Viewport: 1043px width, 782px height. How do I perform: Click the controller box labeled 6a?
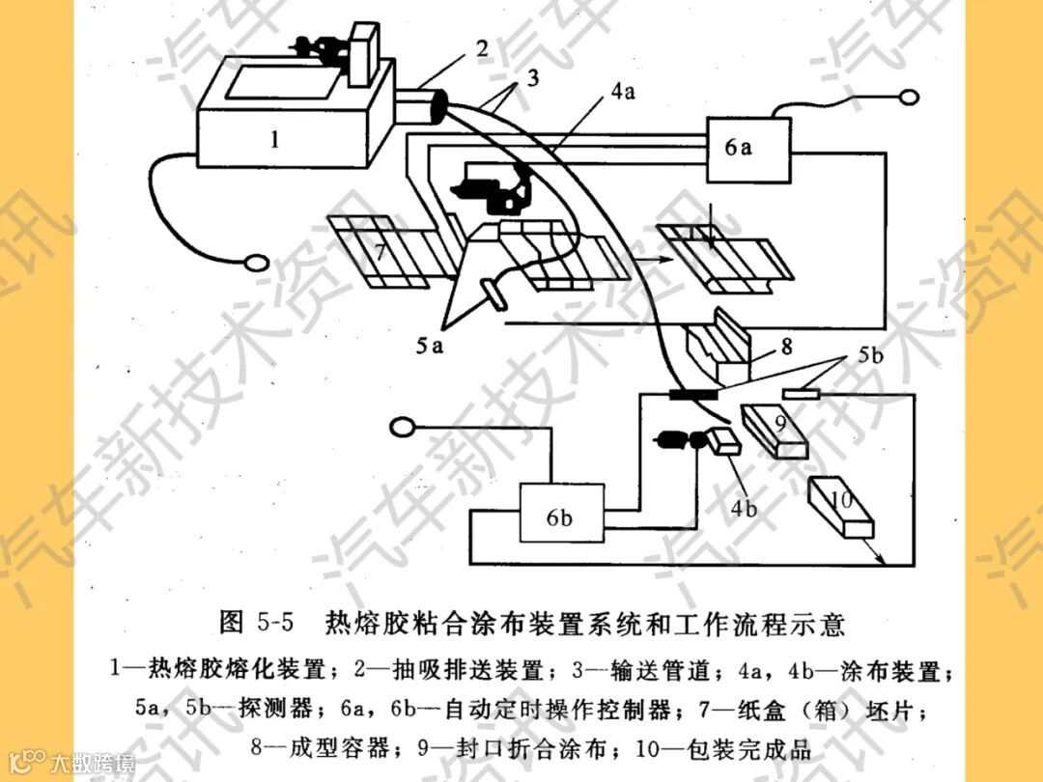click(747, 148)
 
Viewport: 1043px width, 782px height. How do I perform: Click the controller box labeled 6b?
click(559, 517)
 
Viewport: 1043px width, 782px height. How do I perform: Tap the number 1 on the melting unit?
click(275, 140)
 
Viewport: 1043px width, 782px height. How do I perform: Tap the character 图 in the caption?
click(232, 623)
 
